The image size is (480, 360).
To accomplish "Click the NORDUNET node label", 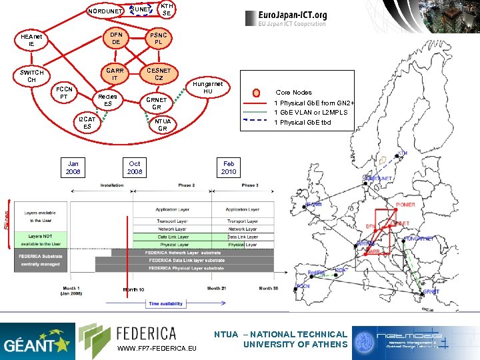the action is click(x=105, y=11).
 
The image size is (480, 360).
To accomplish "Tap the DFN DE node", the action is click(x=116, y=38).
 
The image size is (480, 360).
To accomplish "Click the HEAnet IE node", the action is click(x=31, y=41).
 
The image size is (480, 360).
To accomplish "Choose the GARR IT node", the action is click(x=115, y=74).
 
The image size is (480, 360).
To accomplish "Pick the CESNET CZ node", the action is click(x=159, y=74).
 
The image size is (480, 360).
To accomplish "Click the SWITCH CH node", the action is click(x=32, y=76).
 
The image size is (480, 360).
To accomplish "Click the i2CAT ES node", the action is click(x=87, y=123).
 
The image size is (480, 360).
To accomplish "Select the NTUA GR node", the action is click(x=163, y=125).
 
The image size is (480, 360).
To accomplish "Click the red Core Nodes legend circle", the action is click(x=256, y=93).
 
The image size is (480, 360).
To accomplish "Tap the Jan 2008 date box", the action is click(x=73, y=167).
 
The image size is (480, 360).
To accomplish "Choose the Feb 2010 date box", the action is click(x=229, y=167).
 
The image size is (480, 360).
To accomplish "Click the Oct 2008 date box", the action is click(x=135, y=167).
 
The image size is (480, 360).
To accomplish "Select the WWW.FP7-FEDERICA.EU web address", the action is click(x=157, y=349).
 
